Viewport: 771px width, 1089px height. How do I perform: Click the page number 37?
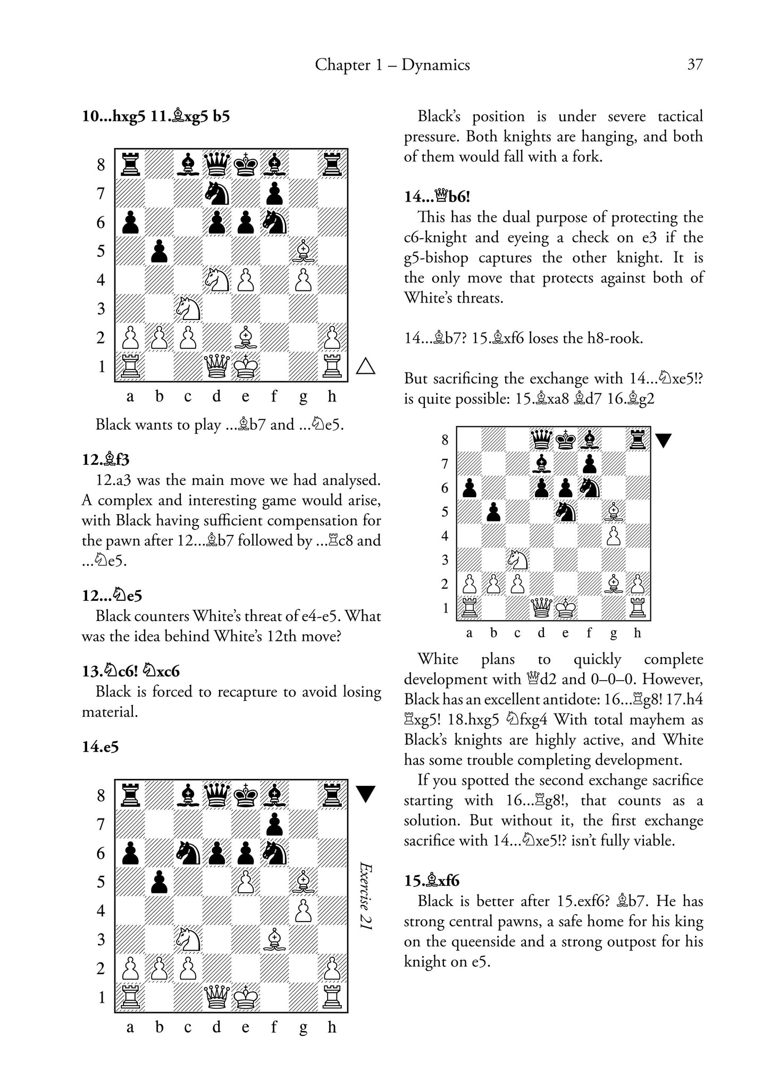[x=695, y=65]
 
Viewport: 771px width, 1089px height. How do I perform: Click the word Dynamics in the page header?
[x=435, y=65]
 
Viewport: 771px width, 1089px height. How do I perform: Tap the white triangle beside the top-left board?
[x=365, y=366]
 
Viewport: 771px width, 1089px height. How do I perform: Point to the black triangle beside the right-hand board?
[x=663, y=440]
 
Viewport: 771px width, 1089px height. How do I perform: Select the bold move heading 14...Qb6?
[x=437, y=197]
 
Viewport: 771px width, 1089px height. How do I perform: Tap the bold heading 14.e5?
[x=100, y=747]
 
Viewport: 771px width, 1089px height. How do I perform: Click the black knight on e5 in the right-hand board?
[x=566, y=512]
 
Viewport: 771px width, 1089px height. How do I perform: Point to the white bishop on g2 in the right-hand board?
[x=614, y=584]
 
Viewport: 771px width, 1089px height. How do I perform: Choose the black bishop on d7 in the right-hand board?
[x=542, y=464]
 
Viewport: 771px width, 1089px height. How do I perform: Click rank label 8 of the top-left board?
[x=102, y=165]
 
